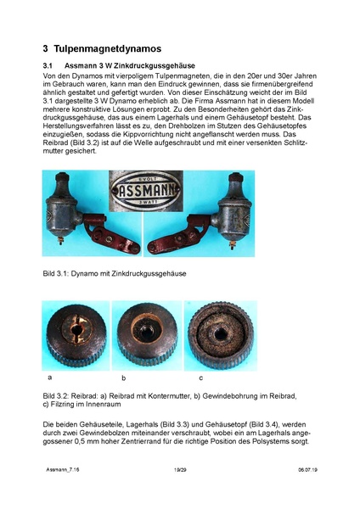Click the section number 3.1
click(x=48, y=65)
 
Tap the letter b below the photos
click(x=124, y=376)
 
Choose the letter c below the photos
click(x=201, y=376)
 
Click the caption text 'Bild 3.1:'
click(x=57, y=275)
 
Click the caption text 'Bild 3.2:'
click(x=57, y=396)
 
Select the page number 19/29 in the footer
click(x=179, y=491)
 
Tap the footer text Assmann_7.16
click(x=62, y=491)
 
